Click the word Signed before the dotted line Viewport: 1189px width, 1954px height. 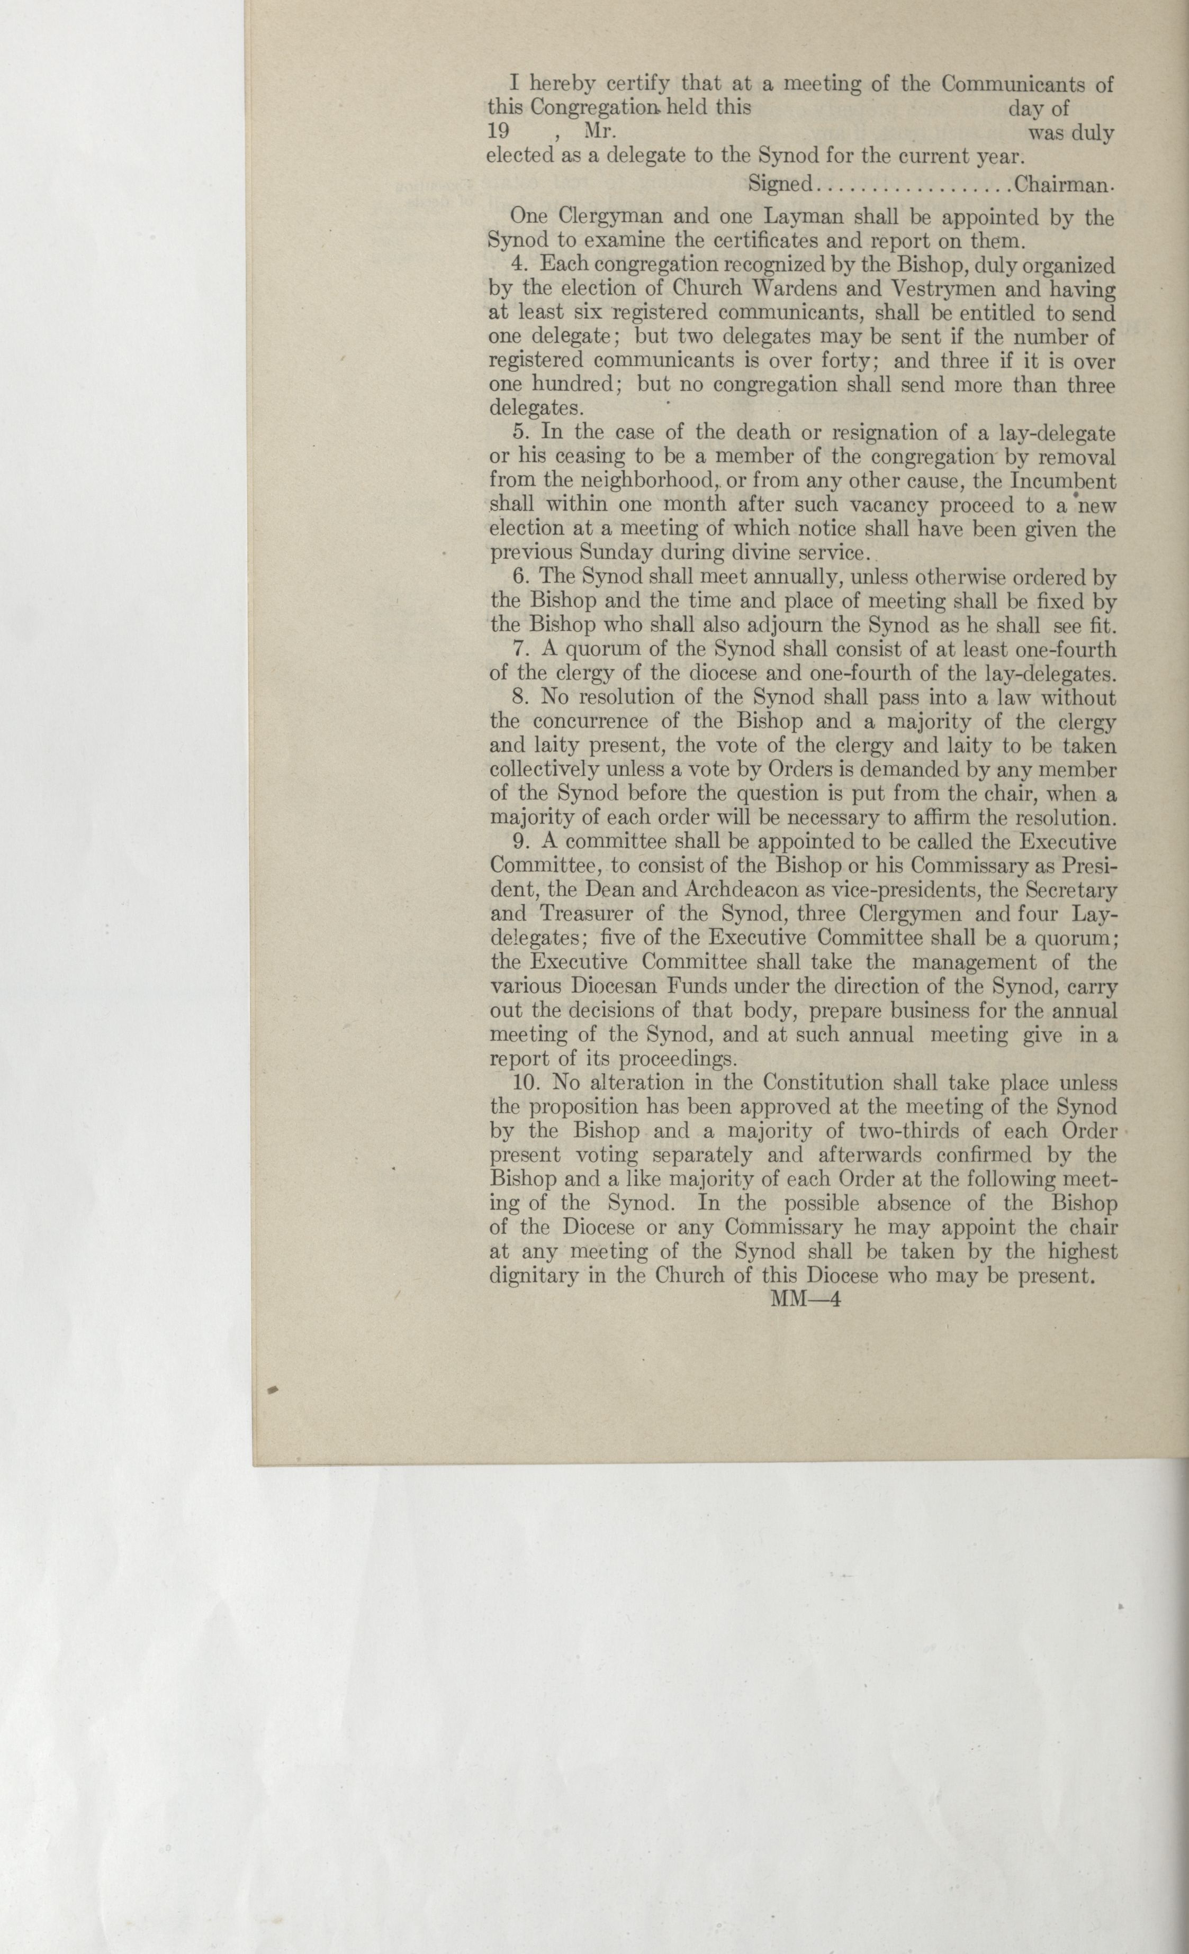pos(781,185)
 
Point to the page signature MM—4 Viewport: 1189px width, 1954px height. pos(805,1300)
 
